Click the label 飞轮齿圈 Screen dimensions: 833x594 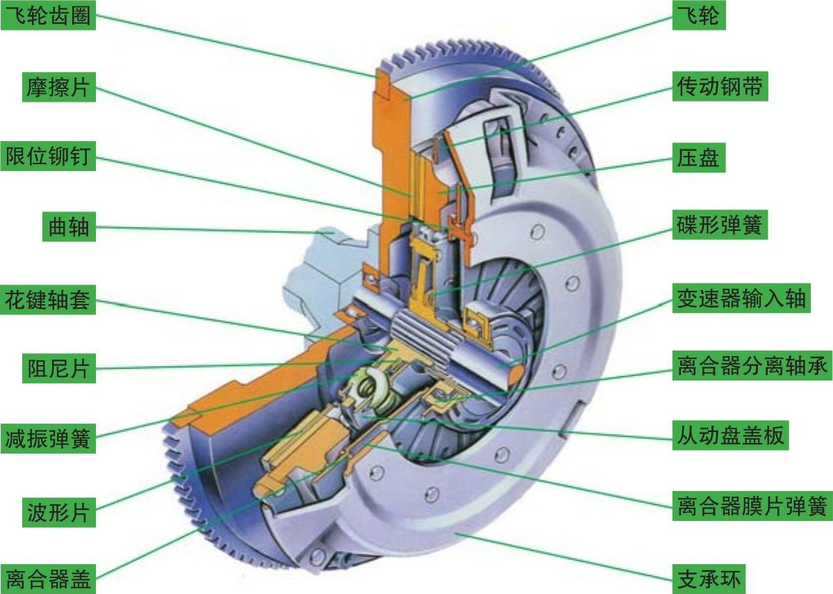coord(48,15)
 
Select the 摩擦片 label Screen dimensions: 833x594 coord(58,87)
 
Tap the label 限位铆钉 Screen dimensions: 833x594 coord(48,157)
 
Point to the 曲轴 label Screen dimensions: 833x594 coord(69,227)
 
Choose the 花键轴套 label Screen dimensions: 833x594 coord(48,300)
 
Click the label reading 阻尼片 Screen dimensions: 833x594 coord(58,369)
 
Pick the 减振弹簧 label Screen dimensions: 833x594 coord(48,439)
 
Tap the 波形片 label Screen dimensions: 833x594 coord(58,512)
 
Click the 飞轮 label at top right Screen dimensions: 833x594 coord(699,15)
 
